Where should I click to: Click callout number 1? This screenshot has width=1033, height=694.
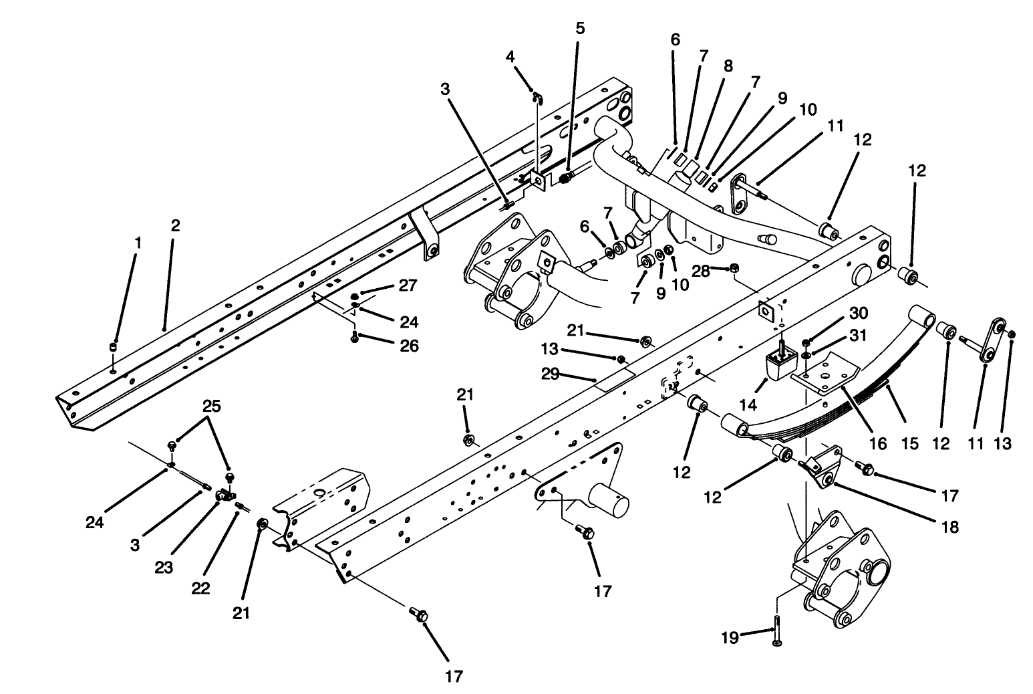coord(138,243)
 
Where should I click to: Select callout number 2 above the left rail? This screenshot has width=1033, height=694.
coord(175,226)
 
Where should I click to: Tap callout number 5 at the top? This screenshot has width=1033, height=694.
coord(579,28)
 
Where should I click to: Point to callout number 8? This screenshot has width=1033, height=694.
coord(728,66)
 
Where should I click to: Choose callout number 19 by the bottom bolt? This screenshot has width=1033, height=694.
coord(730,639)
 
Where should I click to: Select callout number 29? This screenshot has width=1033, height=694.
coord(550,374)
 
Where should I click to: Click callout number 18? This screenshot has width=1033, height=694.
coord(949,528)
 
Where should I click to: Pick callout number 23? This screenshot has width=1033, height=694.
coord(164,568)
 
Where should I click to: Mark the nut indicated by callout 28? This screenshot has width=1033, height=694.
coord(734,269)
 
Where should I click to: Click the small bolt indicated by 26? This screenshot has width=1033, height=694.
coord(354,338)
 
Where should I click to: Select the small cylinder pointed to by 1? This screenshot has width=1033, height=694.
coord(114,346)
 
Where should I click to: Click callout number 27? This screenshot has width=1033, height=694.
coord(409,285)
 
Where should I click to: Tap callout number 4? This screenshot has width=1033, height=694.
coord(510,57)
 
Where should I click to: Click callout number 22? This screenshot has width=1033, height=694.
coord(200,588)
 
